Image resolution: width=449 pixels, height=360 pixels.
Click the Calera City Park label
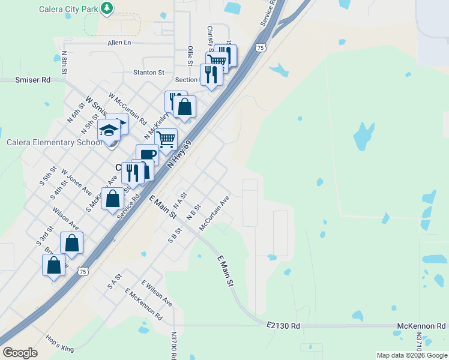(67, 9)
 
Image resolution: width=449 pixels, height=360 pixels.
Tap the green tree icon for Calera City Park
(107, 8)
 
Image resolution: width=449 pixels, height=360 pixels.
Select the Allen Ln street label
(119, 43)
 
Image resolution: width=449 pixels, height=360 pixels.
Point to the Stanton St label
(148, 72)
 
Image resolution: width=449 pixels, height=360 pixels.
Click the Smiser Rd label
(33, 79)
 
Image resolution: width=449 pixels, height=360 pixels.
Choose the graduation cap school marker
(109, 130)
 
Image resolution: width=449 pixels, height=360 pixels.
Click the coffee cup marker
(147, 155)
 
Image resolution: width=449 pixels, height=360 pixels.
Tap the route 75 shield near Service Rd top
(260, 47)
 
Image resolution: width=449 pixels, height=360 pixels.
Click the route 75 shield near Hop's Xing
(83, 271)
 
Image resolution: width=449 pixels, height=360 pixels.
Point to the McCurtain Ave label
(214, 212)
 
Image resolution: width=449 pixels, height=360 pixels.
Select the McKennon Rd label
(421, 326)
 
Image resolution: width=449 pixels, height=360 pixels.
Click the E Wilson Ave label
(157, 292)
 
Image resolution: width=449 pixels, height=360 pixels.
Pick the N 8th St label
(64, 62)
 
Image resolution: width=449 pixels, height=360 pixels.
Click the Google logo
(20, 353)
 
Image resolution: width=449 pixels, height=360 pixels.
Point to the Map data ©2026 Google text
(412, 355)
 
